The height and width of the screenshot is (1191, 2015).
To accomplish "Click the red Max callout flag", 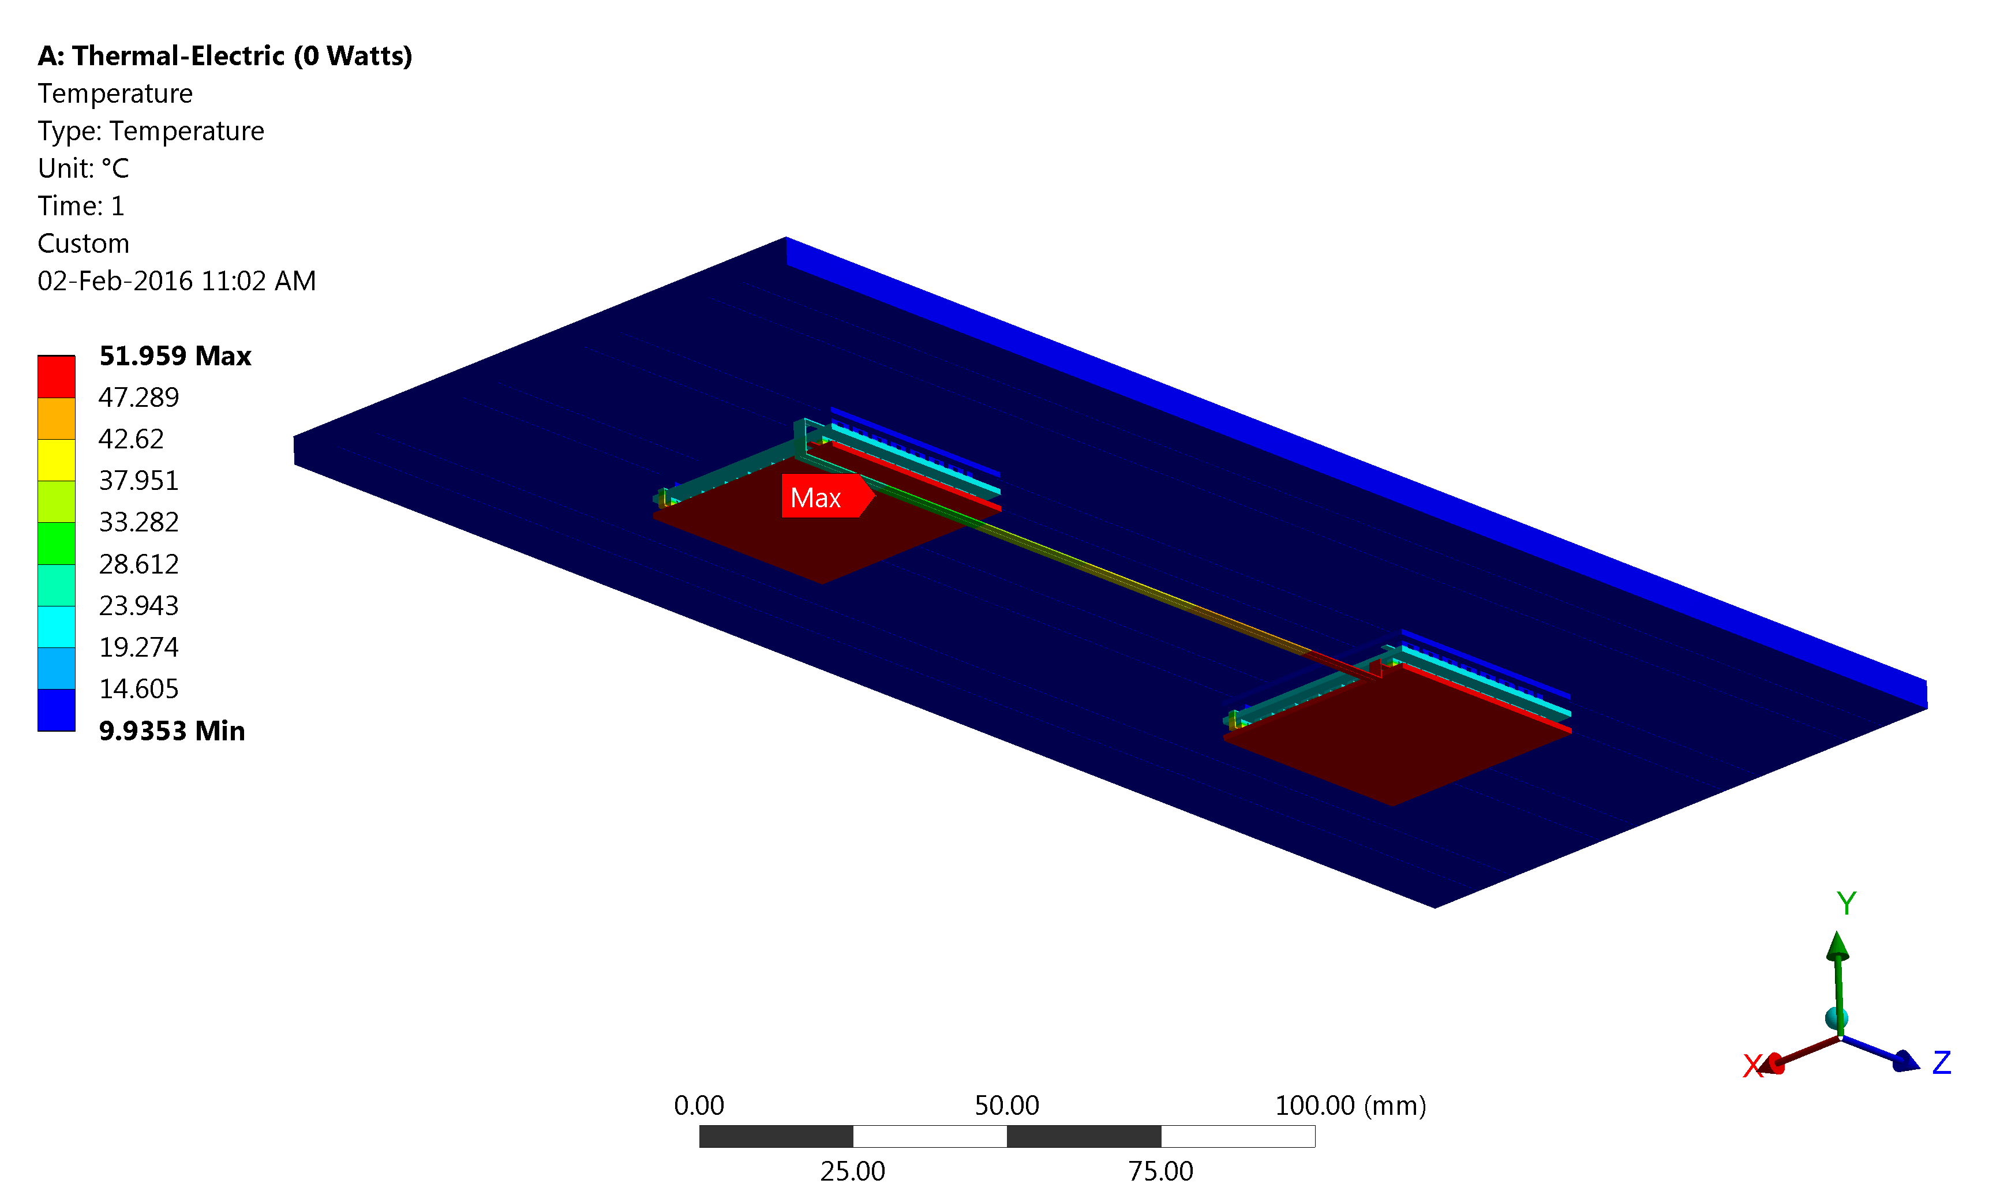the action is pyautogui.click(x=826, y=496).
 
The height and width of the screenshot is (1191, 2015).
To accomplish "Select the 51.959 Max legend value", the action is pyautogui.click(x=175, y=355).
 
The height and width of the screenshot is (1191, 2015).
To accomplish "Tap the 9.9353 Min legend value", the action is pyautogui.click(x=172, y=731).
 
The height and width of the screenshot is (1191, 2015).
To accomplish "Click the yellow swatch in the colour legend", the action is pyautogui.click(x=56, y=460).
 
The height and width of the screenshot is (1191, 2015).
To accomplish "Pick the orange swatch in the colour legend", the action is pyautogui.click(x=56, y=418).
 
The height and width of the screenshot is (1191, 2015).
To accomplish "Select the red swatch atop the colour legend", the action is pyautogui.click(x=56, y=376).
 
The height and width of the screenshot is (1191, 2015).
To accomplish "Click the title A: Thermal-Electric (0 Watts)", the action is pyautogui.click(x=224, y=56).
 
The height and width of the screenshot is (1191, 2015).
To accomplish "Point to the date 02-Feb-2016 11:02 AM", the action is pyautogui.click(x=177, y=281).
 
